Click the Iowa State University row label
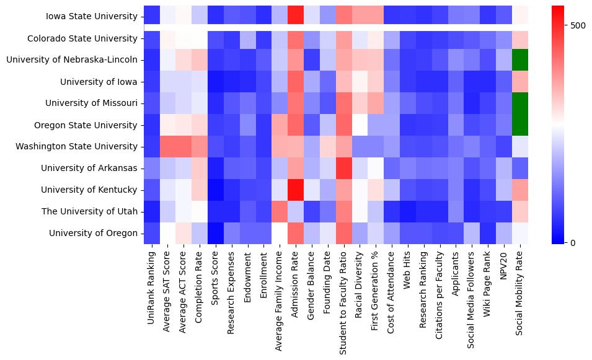pos(92,17)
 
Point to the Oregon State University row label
pos(86,125)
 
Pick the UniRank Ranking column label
pos(152,286)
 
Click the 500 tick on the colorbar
pos(578,25)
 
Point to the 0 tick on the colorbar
pos(573,242)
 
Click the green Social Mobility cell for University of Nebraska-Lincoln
pos(521,60)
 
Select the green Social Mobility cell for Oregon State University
pos(521,125)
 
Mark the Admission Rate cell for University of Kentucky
pos(296,190)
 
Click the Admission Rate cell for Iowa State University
pos(296,17)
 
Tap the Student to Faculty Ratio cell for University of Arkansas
pos(344,168)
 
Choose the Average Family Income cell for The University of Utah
pos(280,211)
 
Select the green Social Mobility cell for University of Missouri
pos(521,103)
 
